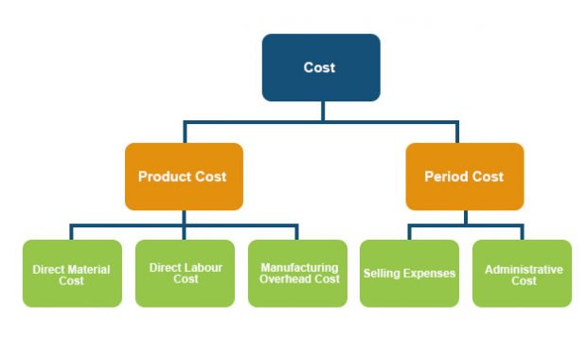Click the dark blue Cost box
pyautogui.click(x=321, y=67)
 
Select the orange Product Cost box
pyautogui.click(x=184, y=176)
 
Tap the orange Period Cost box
pyautogui.click(x=464, y=176)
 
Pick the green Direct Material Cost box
pyautogui.click(x=72, y=274)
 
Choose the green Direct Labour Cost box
pyautogui.click(x=185, y=274)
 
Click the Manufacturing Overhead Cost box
pyautogui.click(x=297, y=274)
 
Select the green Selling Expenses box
pyautogui.click(x=409, y=274)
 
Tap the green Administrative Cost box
pyautogui.click(x=523, y=274)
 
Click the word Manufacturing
pyautogui.click(x=299, y=268)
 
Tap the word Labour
pyautogui.click(x=202, y=268)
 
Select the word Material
pyautogui.click(x=88, y=269)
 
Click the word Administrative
pyautogui.click(x=524, y=269)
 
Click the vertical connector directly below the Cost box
pyautogui.click(x=322, y=111)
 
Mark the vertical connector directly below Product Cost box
pyautogui.click(x=184, y=218)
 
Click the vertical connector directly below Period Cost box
pyautogui.click(x=465, y=218)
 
